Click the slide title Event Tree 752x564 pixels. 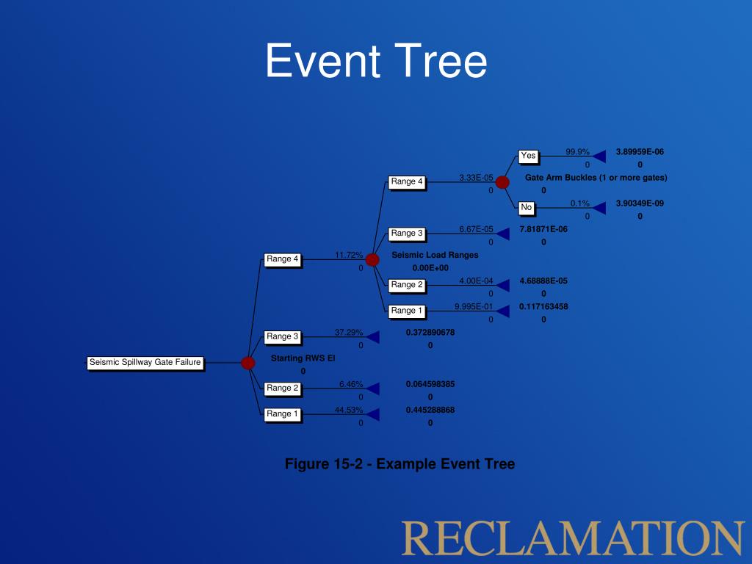coord(375,61)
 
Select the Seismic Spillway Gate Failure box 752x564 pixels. coord(145,362)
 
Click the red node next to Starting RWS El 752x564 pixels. coord(248,363)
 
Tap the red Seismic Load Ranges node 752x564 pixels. coord(372,259)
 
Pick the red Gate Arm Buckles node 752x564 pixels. coord(502,182)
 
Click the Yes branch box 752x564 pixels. coord(528,156)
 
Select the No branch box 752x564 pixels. coord(526,208)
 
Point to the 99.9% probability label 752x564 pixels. coord(577,152)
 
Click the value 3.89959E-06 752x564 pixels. coord(640,152)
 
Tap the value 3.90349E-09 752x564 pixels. coord(640,203)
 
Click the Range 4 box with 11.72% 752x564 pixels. coord(283,259)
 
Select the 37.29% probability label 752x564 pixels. coord(349,333)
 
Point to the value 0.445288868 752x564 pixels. coord(430,410)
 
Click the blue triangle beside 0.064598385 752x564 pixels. coord(373,388)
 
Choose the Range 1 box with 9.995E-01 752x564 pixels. coord(407,311)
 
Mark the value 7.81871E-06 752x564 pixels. coord(543,229)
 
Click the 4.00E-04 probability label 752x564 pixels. coord(476,281)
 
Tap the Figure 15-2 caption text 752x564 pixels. coord(399,464)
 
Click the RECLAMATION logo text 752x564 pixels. coord(573,538)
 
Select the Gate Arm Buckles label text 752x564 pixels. coord(596,178)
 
